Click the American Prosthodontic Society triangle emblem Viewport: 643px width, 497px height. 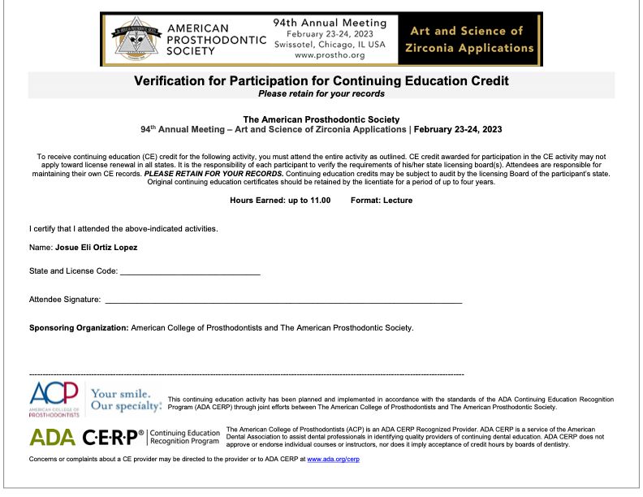[129, 38]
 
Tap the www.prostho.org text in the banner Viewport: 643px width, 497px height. [329, 56]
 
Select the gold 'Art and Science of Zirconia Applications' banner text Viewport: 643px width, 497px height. [470, 39]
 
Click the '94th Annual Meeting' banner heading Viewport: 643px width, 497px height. [328, 21]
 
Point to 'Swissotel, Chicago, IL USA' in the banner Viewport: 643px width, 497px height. [329, 45]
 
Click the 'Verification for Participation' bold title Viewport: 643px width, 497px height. [321, 80]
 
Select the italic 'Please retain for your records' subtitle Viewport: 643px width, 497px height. [321, 93]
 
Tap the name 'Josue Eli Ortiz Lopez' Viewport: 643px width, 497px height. [96, 247]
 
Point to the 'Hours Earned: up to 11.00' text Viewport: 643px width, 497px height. [280, 200]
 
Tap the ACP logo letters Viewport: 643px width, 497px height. [54, 394]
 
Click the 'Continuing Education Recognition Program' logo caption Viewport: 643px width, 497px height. [185, 438]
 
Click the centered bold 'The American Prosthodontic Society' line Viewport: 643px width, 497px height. [321, 120]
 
